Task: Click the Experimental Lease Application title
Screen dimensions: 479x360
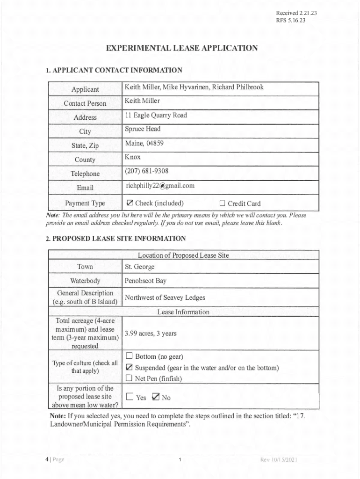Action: (181, 48)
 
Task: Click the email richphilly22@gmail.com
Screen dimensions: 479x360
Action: (160, 186)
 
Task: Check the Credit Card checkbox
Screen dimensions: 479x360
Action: (223, 203)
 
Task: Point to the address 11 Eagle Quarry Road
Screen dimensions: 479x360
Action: (156, 115)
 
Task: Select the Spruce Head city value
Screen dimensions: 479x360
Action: (143, 129)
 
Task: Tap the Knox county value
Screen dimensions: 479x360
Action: (133, 157)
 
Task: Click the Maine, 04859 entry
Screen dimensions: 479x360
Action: (144, 143)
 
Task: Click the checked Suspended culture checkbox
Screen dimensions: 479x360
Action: (130, 368)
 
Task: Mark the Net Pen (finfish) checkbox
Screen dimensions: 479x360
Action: (130, 378)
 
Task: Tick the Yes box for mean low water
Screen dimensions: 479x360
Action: (130, 397)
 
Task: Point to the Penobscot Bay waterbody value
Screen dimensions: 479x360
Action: (145, 281)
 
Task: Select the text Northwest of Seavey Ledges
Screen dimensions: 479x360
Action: (165, 298)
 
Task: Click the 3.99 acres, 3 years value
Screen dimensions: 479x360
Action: (151, 334)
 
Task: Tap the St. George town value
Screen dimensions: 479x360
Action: (139, 267)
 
